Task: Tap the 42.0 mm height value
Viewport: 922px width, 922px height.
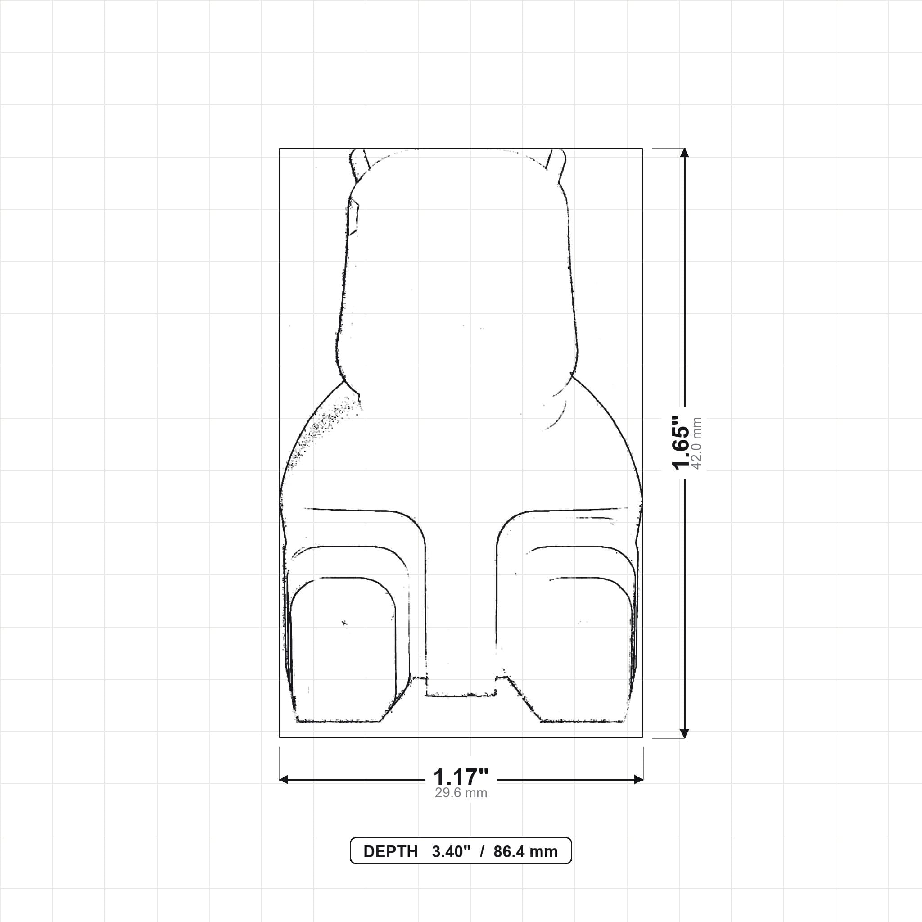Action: pos(696,443)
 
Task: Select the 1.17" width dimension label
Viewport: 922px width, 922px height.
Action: pos(461,777)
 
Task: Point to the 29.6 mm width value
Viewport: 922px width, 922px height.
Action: pos(461,793)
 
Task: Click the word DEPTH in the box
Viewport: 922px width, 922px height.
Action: pos(390,852)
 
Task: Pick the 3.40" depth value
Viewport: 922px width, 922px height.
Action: pos(452,852)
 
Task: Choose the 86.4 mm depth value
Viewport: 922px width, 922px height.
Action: pos(525,852)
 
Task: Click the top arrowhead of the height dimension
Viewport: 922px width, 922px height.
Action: pos(684,153)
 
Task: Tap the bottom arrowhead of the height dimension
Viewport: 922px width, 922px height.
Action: pos(684,733)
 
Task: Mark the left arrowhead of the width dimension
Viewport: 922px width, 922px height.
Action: pos(284,780)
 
